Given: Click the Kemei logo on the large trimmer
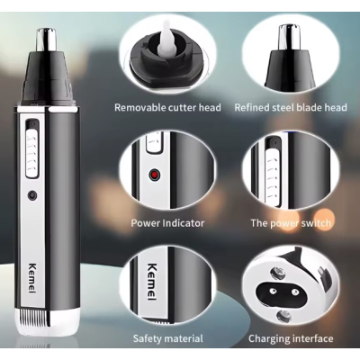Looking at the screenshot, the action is point(32,278).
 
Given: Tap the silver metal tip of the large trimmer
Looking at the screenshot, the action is point(47,39).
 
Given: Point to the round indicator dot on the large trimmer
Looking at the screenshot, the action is point(32,195).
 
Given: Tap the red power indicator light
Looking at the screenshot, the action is point(155,175).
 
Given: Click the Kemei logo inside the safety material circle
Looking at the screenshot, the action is point(153,281).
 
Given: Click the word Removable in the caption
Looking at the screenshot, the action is point(139,107).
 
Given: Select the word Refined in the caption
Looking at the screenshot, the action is point(251,107).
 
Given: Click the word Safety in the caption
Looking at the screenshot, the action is point(148,338).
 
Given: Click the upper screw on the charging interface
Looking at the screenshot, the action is point(276,273).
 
